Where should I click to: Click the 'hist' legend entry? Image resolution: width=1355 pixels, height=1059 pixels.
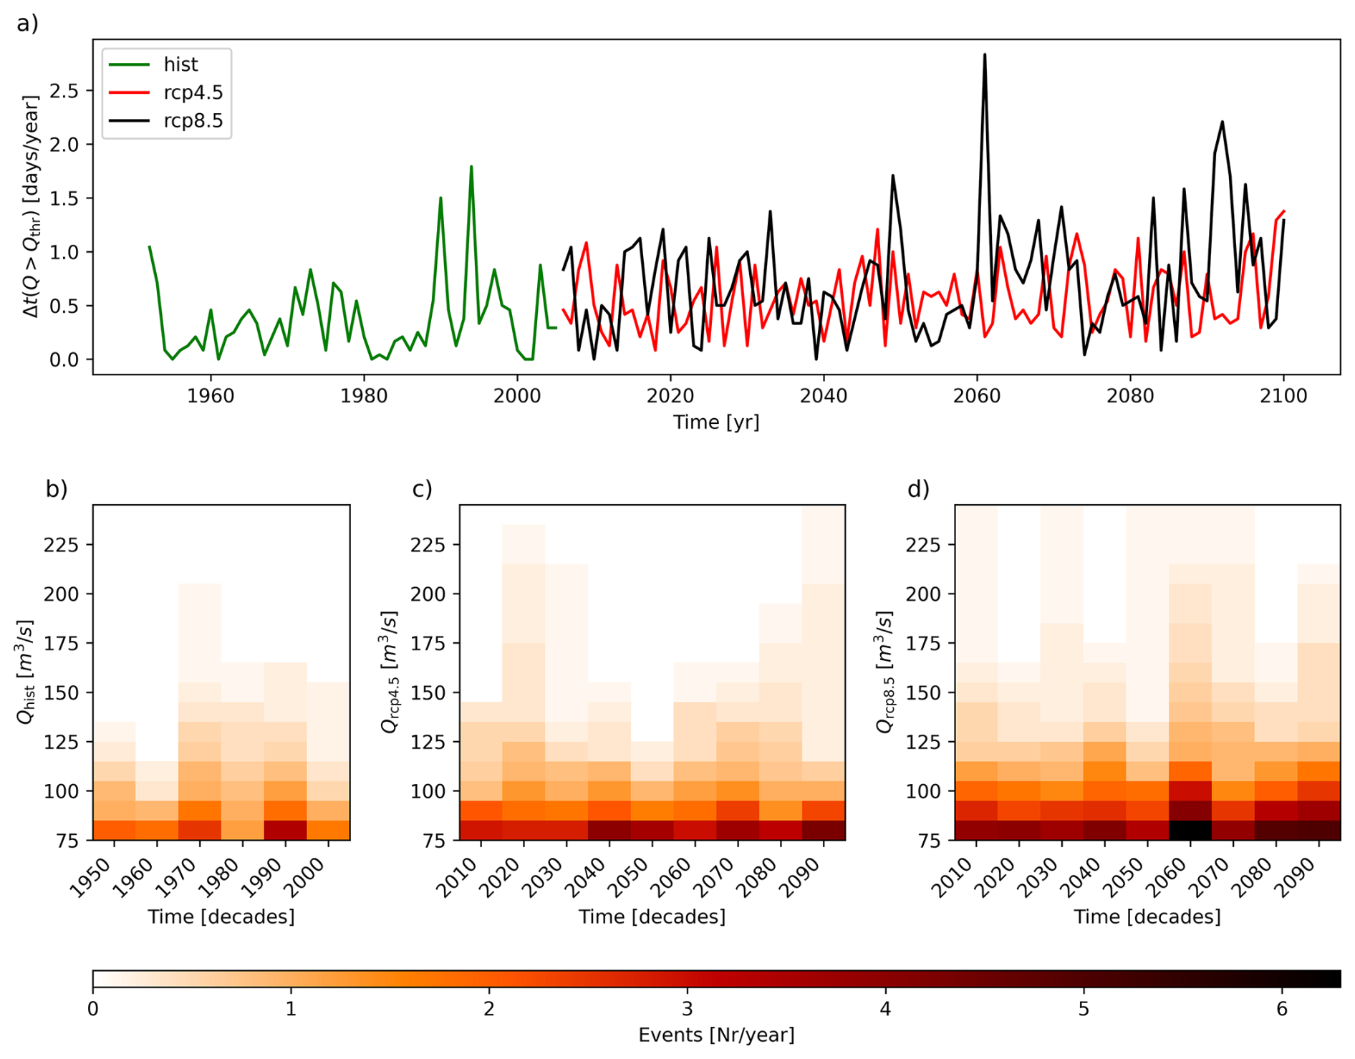tap(180, 64)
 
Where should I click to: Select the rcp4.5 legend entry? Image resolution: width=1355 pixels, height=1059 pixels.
tap(193, 92)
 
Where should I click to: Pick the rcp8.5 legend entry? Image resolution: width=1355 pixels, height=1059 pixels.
tap(193, 120)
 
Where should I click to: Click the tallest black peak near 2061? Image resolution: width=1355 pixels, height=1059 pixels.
tap(985, 55)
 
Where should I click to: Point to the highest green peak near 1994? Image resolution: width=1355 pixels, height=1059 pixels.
tap(471, 167)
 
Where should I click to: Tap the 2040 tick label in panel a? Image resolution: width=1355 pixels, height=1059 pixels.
tap(824, 396)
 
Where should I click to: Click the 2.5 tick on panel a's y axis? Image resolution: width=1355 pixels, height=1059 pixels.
tap(64, 91)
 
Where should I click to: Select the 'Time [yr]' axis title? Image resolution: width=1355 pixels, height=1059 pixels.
tap(716, 422)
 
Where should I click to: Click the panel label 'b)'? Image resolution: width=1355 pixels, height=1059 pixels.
tap(57, 488)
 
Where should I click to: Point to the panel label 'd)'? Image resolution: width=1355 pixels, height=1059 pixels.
tap(918, 488)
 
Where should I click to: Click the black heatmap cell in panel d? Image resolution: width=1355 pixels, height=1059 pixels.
tap(1190, 830)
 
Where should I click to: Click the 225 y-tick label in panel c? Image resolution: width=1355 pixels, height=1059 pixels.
tap(426, 545)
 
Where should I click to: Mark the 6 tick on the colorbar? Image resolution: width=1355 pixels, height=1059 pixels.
tap(1282, 1010)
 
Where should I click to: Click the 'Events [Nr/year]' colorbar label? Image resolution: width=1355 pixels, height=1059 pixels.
tap(716, 1035)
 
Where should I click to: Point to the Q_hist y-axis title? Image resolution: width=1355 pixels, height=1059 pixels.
tap(26, 672)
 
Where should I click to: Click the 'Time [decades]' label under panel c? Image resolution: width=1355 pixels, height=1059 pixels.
tap(652, 917)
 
